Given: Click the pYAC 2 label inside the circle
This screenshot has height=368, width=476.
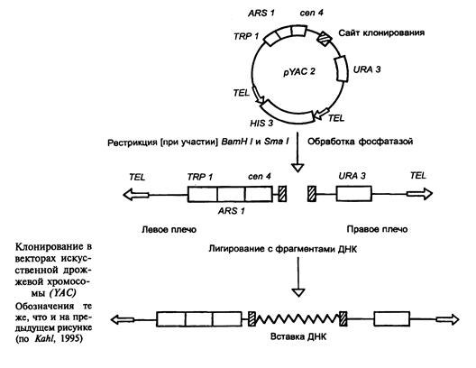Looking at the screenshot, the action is [x=299, y=72].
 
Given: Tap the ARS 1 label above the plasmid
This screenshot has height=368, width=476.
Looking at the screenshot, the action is [x=261, y=13].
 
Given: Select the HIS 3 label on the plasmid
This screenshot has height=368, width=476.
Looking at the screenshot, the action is [x=261, y=124].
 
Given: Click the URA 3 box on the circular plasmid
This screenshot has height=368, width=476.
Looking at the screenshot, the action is [x=341, y=69].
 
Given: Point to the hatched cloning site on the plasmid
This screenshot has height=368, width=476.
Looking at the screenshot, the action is [x=324, y=38].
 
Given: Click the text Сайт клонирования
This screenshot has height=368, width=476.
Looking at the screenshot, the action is [x=381, y=32].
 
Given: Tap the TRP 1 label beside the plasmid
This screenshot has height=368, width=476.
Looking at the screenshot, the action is [x=246, y=36].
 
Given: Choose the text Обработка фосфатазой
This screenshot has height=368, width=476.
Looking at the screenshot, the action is [x=361, y=142].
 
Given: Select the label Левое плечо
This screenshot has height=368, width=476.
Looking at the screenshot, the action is [x=169, y=229].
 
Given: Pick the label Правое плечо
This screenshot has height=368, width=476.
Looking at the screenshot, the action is [x=377, y=229].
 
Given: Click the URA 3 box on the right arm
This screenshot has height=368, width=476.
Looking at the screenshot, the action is [x=353, y=194].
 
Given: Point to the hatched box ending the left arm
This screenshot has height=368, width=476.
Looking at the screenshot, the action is [x=282, y=194].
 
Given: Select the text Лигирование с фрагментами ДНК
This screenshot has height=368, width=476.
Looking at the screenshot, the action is [x=283, y=249].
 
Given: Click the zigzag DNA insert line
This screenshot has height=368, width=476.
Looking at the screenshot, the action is [x=297, y=319].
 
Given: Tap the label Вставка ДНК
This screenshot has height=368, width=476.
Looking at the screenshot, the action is [x=297, y=336].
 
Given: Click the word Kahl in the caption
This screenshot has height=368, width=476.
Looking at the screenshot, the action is [x=45, y=338].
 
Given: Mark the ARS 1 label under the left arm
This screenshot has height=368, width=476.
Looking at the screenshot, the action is [x=231, y=211].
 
